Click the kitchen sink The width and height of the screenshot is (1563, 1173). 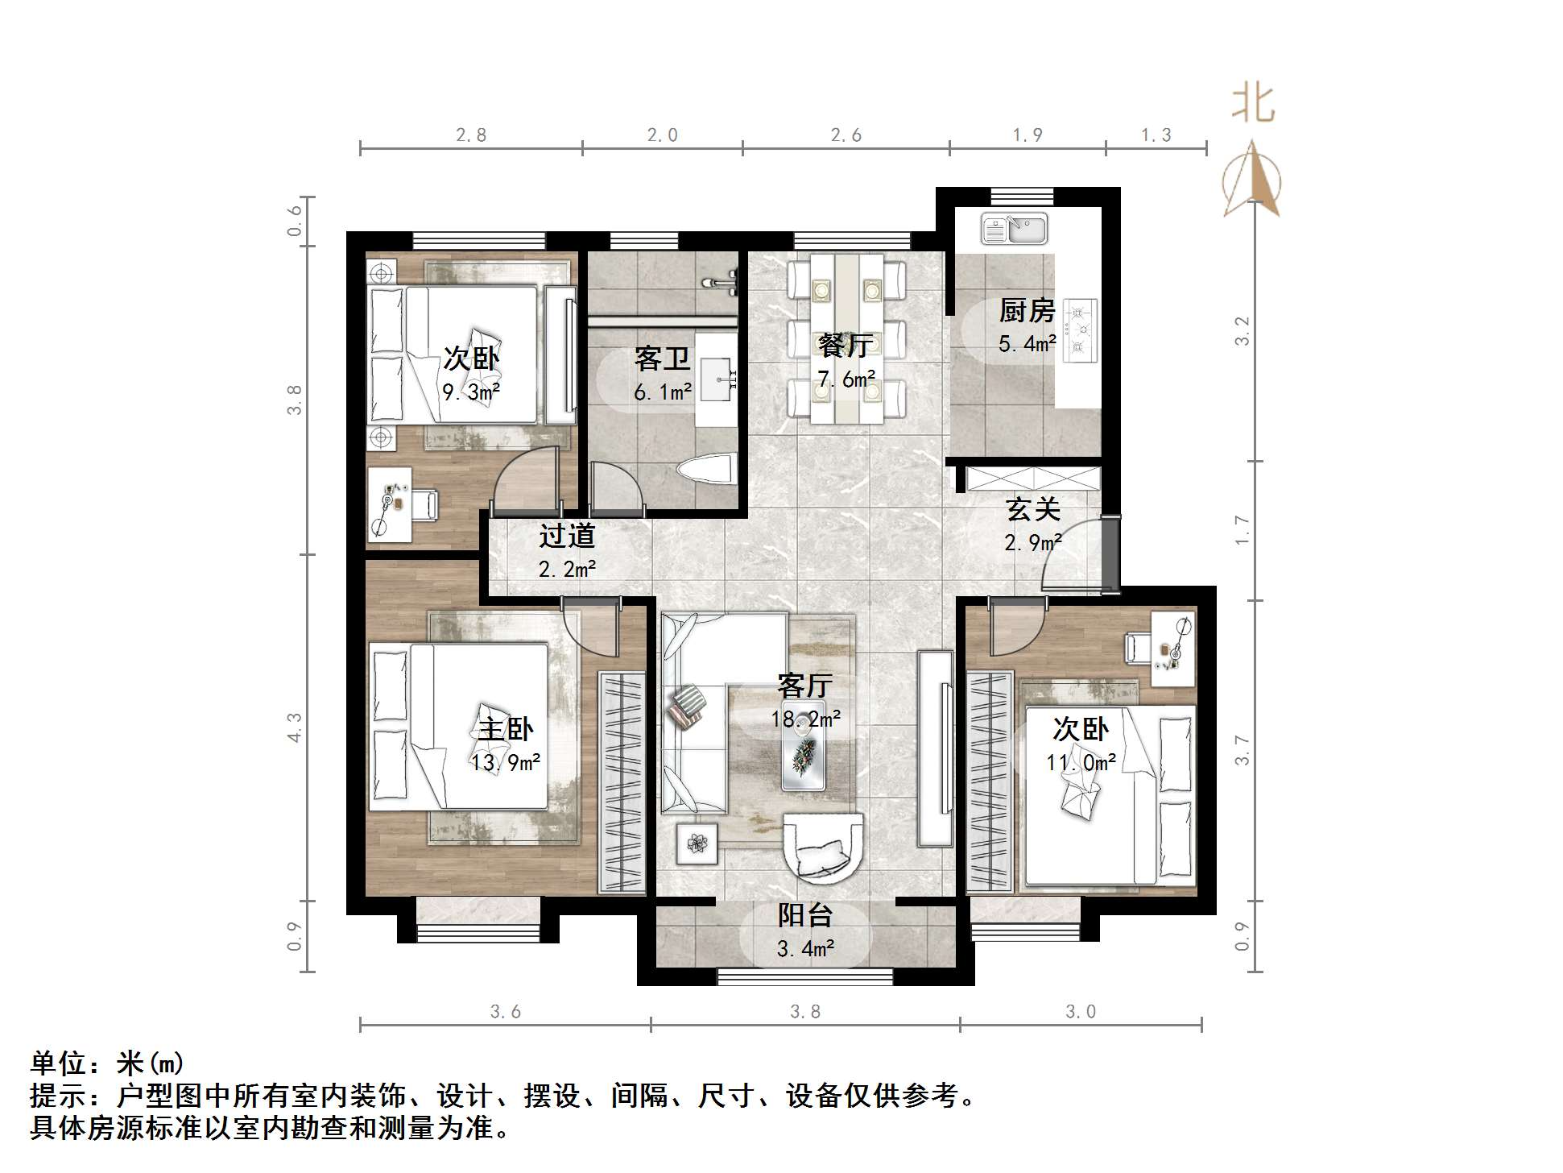pos(1014,229)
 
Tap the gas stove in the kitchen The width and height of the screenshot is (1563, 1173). pos(1079,330)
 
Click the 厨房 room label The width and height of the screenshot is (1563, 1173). pos(1027,311)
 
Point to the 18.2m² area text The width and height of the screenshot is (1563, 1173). pos(806,719)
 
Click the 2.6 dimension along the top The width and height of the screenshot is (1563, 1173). pos(846,135)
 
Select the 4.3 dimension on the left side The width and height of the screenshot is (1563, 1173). pos(296,727)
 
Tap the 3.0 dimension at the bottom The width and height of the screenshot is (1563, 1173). pos(1081,1012)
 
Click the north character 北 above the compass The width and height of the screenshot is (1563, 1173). pos(1253,104)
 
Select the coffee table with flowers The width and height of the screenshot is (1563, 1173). pos(803,756)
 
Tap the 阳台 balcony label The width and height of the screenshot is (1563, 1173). pos(804,915)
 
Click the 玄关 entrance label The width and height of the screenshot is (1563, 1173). pos(1032,509)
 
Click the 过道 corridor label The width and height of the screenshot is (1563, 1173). pos(567,536)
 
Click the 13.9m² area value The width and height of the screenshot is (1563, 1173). pos(506,761)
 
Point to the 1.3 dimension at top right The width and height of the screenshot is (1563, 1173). pos(1156,135)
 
